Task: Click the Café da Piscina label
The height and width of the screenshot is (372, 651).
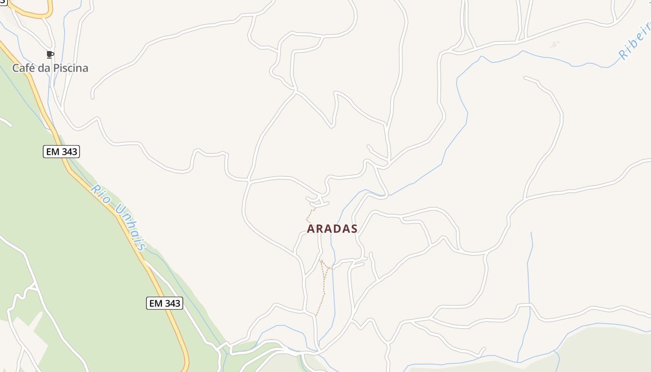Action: pyautogui.click(x=50, y=68)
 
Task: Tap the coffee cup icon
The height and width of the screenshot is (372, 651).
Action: pyautogui.click(x=50, y=55)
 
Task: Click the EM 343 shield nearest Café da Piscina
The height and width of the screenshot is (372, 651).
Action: pyautogui.click(x=61, y=152)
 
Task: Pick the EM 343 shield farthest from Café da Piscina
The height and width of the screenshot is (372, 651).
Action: pyautogui.click(x=165, y=303)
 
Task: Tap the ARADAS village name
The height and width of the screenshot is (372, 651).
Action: pyautogui.click(x=332, y=229)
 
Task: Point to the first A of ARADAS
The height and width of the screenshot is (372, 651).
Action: pyautogui.click(x=311, y=229)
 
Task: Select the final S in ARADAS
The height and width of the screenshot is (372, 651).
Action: pyautogui.click(x=354, y=229)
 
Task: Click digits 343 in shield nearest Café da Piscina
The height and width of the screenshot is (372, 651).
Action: pyautogui.click(x=68, y=152)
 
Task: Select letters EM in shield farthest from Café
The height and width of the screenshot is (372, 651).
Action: pyautogui.click(x=156, y=303)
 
